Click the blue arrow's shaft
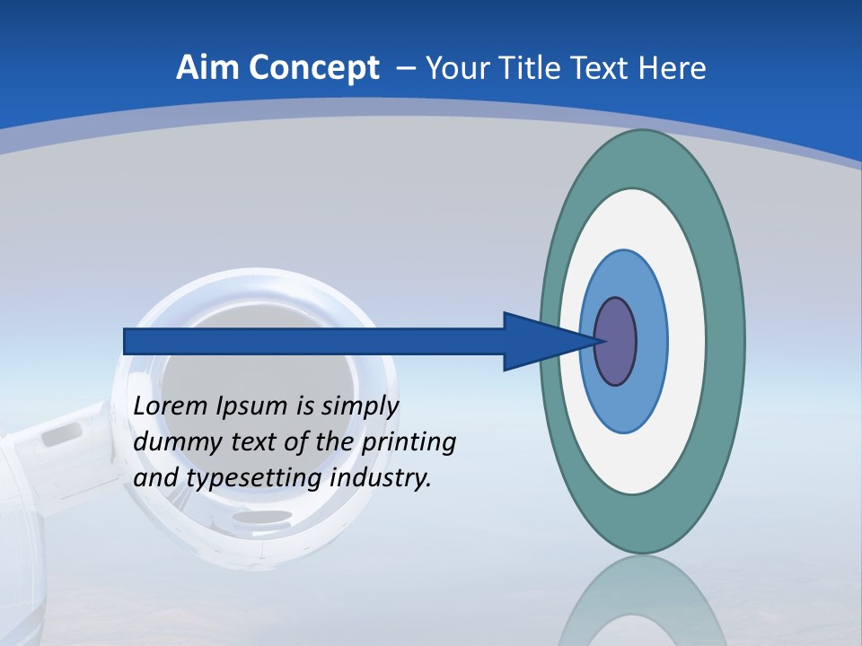314,342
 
